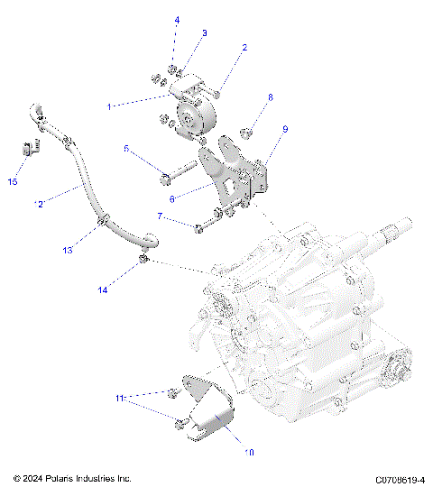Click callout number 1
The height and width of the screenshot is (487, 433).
click(110, 106)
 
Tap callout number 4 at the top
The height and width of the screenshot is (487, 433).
click(176, 19)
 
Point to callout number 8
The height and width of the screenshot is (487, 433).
click(269, 96)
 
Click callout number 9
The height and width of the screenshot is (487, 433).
click(285, 130)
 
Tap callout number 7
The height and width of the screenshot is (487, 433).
click(160, 216)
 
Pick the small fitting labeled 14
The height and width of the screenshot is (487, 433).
click(142, 262)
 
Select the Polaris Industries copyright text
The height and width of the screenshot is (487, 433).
click(72, 478)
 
